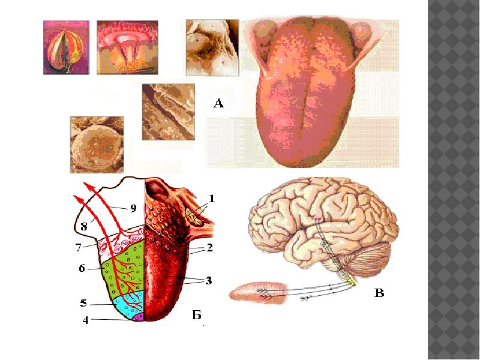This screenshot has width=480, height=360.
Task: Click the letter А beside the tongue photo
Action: (218, 104)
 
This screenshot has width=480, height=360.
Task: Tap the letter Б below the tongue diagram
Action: (197, 316)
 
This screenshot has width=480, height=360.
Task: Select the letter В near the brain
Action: (379, 293)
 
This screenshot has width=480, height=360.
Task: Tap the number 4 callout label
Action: (85, 320)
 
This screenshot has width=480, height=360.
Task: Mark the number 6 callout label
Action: (82, 269)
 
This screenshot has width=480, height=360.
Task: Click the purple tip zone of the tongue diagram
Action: (138, 316)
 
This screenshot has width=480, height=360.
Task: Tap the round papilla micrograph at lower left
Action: (97, 145)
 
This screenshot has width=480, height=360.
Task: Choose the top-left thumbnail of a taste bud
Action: (66, 47)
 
